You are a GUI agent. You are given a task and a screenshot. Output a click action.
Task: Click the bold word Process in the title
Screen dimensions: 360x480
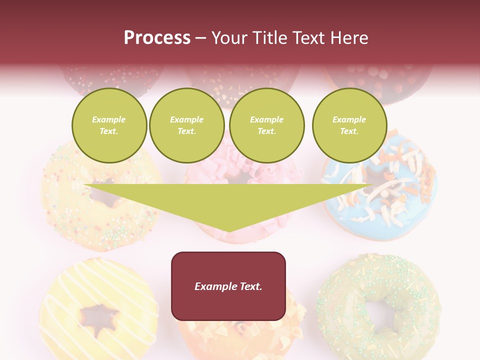click(x=157, y=38)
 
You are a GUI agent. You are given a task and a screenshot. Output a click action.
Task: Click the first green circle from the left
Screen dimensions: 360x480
click(x=109, y=125)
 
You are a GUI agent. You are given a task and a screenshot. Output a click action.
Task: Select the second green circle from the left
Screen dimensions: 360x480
click(x=186, y=125)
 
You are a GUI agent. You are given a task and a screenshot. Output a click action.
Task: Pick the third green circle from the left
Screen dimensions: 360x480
click(x=266, y=125)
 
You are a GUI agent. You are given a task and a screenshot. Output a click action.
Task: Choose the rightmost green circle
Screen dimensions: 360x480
click(x=349, y=125)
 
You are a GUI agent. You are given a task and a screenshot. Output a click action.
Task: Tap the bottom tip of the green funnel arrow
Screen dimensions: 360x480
click(x=228, y=230)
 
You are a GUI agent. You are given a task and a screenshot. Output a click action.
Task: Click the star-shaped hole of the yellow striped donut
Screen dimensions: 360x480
click(x=100, y=316)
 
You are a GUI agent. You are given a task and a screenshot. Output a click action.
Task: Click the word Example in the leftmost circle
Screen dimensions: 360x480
click(x=109, y=120)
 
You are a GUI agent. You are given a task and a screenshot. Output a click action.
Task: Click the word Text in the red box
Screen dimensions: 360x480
click(x=249, y=286)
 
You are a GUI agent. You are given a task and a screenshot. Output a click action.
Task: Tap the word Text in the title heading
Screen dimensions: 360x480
click(x=308, y=38)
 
